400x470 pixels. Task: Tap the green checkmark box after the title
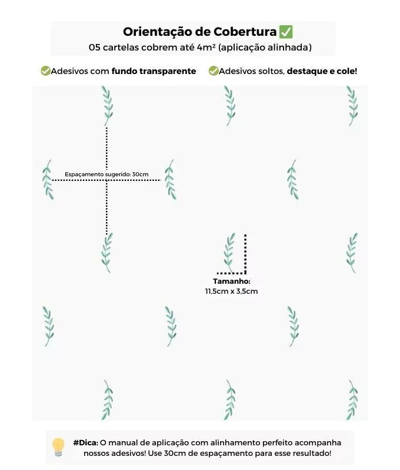[286, 32]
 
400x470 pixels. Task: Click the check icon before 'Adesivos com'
[46, 71]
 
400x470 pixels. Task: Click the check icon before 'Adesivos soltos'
[214, 71]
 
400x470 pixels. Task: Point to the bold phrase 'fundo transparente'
[154, 71]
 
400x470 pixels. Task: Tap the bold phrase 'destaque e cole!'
[322, 71]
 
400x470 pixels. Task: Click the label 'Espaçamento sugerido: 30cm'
[106, 174]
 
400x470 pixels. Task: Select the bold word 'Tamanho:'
[232, 281]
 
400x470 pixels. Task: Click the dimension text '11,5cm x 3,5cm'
[231, 291]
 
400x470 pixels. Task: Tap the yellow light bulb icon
[58, 447]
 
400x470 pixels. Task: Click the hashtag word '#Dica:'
[86, 443]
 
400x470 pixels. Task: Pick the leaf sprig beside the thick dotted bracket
[229, 253]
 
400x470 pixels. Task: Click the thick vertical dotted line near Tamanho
[245, 254]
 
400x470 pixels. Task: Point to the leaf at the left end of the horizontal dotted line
[48, 180]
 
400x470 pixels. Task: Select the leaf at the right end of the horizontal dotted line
[171, 180]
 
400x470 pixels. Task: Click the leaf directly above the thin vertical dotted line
[108, 106]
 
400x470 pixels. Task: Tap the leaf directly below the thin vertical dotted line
[107, 253]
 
